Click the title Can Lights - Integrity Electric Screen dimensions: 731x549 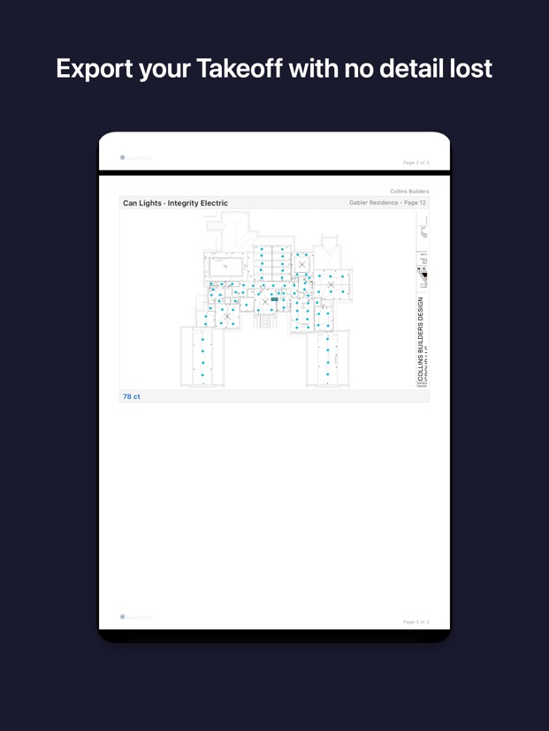175,203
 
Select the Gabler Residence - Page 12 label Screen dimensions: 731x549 388,203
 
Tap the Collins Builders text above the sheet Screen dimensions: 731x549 409,191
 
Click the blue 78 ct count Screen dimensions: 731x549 131,396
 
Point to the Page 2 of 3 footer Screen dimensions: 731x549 416,162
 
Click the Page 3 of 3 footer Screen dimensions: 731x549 416,622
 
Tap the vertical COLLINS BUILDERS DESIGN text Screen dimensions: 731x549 421,340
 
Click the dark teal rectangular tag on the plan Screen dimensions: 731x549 275,299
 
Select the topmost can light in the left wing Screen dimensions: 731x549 202,339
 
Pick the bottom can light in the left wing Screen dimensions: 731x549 202,375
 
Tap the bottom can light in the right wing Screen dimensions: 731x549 327,374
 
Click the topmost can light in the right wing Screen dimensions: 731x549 327,338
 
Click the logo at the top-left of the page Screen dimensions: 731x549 123,158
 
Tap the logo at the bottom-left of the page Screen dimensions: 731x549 123,617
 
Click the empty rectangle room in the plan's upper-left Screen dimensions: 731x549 226,266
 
